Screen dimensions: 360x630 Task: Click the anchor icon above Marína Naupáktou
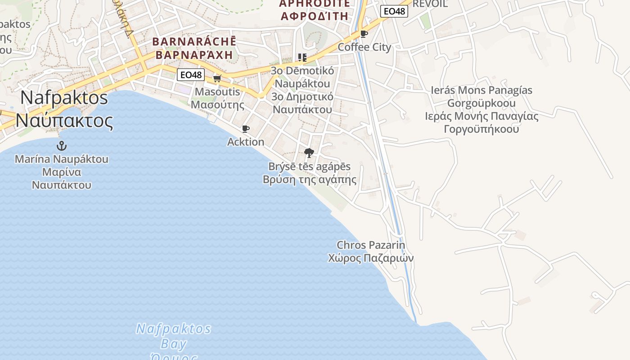(x=61, y=146)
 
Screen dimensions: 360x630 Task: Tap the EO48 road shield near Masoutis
(x=190, y=75)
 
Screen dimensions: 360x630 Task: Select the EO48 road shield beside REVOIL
(x=394, y=11)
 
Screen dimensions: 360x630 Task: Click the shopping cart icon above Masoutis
(x=217, y=79)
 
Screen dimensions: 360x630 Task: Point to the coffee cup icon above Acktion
(x=246, y=129)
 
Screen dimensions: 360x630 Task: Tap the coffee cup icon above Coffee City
(x=364, y=34)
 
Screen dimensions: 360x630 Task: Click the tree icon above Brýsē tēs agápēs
(x=309, y=153)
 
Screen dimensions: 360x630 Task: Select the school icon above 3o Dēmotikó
(x=302, y=58)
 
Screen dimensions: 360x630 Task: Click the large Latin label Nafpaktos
(x=64, y=98)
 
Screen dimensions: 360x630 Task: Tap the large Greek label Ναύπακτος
(x=64, y=121)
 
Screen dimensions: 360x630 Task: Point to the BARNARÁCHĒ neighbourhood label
(x=194, y=42)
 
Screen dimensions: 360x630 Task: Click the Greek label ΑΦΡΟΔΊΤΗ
(x=314, y=16)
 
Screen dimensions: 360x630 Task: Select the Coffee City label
(x=364, y=47)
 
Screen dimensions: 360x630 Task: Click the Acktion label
(x=246, y=142)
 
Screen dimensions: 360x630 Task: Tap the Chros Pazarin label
(x=371, y=245)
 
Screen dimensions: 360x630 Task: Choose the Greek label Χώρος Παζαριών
(x=371, y=258)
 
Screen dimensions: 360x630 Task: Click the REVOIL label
(x=430, y=4)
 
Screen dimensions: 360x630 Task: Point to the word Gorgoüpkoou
(x=481, y=103)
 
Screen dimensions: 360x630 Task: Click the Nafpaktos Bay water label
(x=174, y=337)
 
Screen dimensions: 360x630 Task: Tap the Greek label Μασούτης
(x=217, y=105)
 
